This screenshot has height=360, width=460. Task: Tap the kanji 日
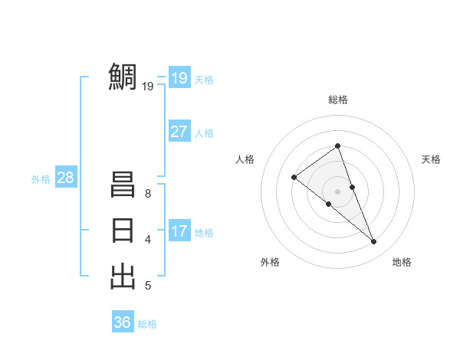(123, 231)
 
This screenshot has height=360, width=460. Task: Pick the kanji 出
(123, 275)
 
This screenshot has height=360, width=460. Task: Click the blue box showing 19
(179, 77)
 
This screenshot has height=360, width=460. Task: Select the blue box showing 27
(179, 131)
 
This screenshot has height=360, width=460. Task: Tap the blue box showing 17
(179, 231)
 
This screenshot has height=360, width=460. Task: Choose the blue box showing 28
(65, 178)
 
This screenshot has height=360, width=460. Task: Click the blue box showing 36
(122, 322)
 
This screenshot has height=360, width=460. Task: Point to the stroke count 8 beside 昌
(148, 195)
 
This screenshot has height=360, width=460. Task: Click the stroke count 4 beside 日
(148, 240)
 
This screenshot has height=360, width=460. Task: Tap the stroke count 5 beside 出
(148, 286)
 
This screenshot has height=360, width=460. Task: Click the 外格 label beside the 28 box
(41, 179)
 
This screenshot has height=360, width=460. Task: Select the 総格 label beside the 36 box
(147, 324)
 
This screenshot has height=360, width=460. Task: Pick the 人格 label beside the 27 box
(204, 133)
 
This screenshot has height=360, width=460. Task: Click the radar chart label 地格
(402, 262)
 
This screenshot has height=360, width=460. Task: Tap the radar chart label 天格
(431, 159)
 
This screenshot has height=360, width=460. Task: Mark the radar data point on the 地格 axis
(374, 242)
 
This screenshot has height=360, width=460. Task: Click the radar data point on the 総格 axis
(337, 146)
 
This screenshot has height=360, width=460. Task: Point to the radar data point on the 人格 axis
(294, 178)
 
